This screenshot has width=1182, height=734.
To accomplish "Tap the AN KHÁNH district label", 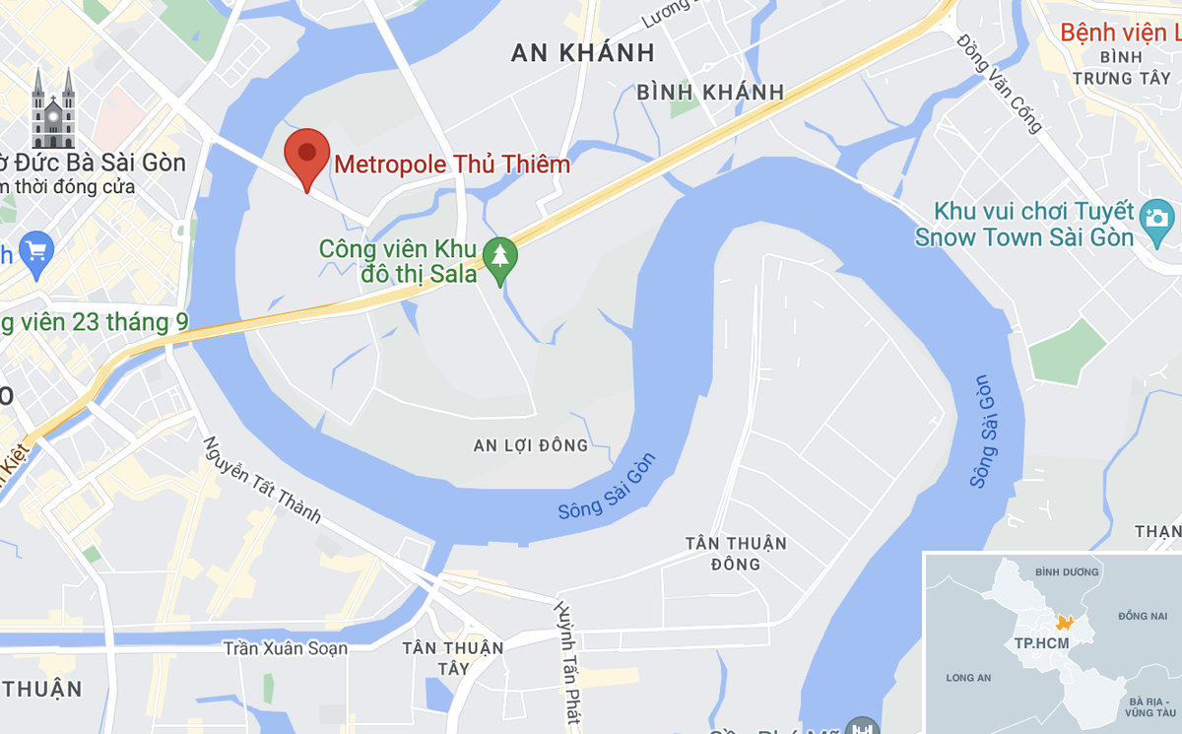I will click(x=583, y=53).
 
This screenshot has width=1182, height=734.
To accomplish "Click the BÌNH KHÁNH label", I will click(x=710, y=93).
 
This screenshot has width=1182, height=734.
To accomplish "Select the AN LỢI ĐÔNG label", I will click(x=531, y=446).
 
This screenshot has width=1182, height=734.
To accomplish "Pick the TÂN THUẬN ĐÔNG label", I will click(x=737, y=554).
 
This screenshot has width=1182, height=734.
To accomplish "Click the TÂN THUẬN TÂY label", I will click(x=453, y=658).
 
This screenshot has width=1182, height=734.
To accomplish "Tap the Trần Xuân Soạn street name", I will click(x=286, y=648).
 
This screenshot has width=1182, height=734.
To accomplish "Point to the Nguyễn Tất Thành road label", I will click(x=263, y=480).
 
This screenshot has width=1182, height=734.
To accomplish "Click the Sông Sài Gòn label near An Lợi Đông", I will click(x=607, y=488).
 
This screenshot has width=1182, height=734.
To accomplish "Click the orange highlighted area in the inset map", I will click(x=1063, y=623).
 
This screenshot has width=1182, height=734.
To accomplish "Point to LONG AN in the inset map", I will click(x=968, y=678).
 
